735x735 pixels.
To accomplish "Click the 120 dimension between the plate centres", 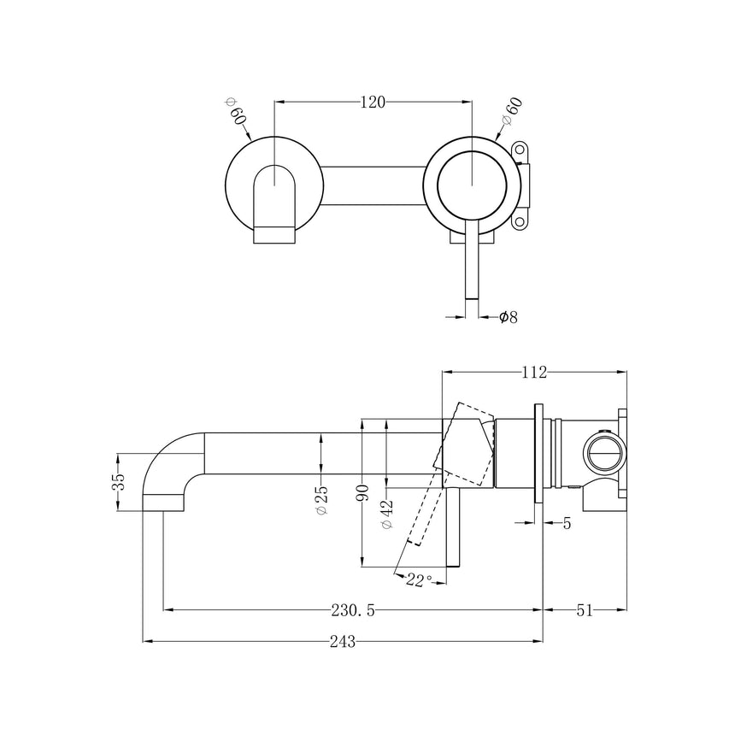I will tap(373, 102).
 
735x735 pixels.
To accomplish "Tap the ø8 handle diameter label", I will tap(508, 317).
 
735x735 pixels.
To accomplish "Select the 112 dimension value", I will tap(534, 371).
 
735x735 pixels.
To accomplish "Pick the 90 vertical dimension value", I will tap(363, 493).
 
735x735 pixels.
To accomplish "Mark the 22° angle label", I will tap(419, 580).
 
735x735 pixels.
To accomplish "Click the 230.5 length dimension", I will tap(353, 610).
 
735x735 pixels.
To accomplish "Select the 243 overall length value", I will tap(342, 640).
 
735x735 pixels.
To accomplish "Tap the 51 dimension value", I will tap(585, 610).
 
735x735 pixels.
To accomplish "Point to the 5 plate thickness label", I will tap(567, 523).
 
